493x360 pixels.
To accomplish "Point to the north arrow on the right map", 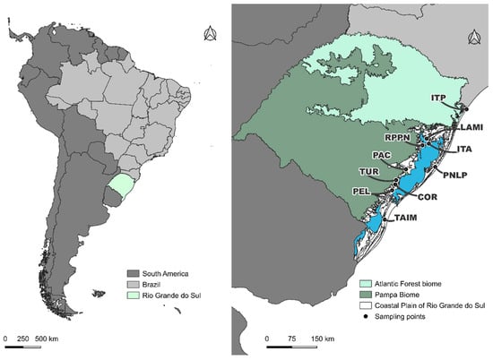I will (471, 36).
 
